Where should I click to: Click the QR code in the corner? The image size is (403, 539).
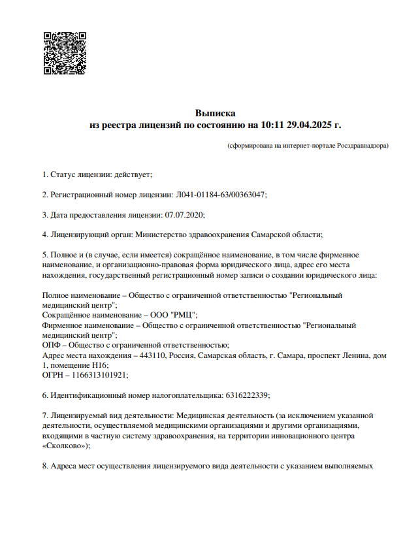tap(65, 52)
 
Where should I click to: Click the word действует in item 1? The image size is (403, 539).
tap(133, 174)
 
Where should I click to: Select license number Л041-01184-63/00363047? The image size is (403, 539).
tap(220, 195)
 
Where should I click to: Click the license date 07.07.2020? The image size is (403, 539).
tap(184, 214)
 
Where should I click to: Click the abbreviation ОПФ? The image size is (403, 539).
tap(52, 345)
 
